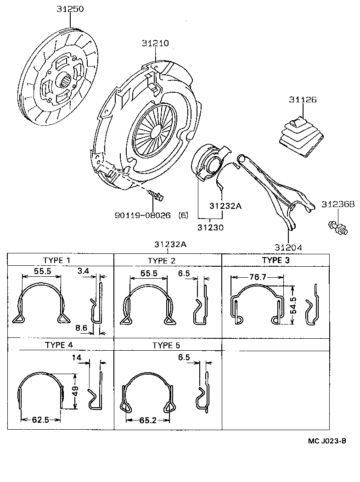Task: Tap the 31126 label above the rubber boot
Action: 303,99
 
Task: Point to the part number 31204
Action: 288,247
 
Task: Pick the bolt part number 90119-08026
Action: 143,215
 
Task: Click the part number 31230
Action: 211,227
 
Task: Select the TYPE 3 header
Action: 276,260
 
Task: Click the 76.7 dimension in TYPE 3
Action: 257,277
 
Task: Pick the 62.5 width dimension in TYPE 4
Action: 41,420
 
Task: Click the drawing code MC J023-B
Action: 326,441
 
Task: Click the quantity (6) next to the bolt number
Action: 183,215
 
